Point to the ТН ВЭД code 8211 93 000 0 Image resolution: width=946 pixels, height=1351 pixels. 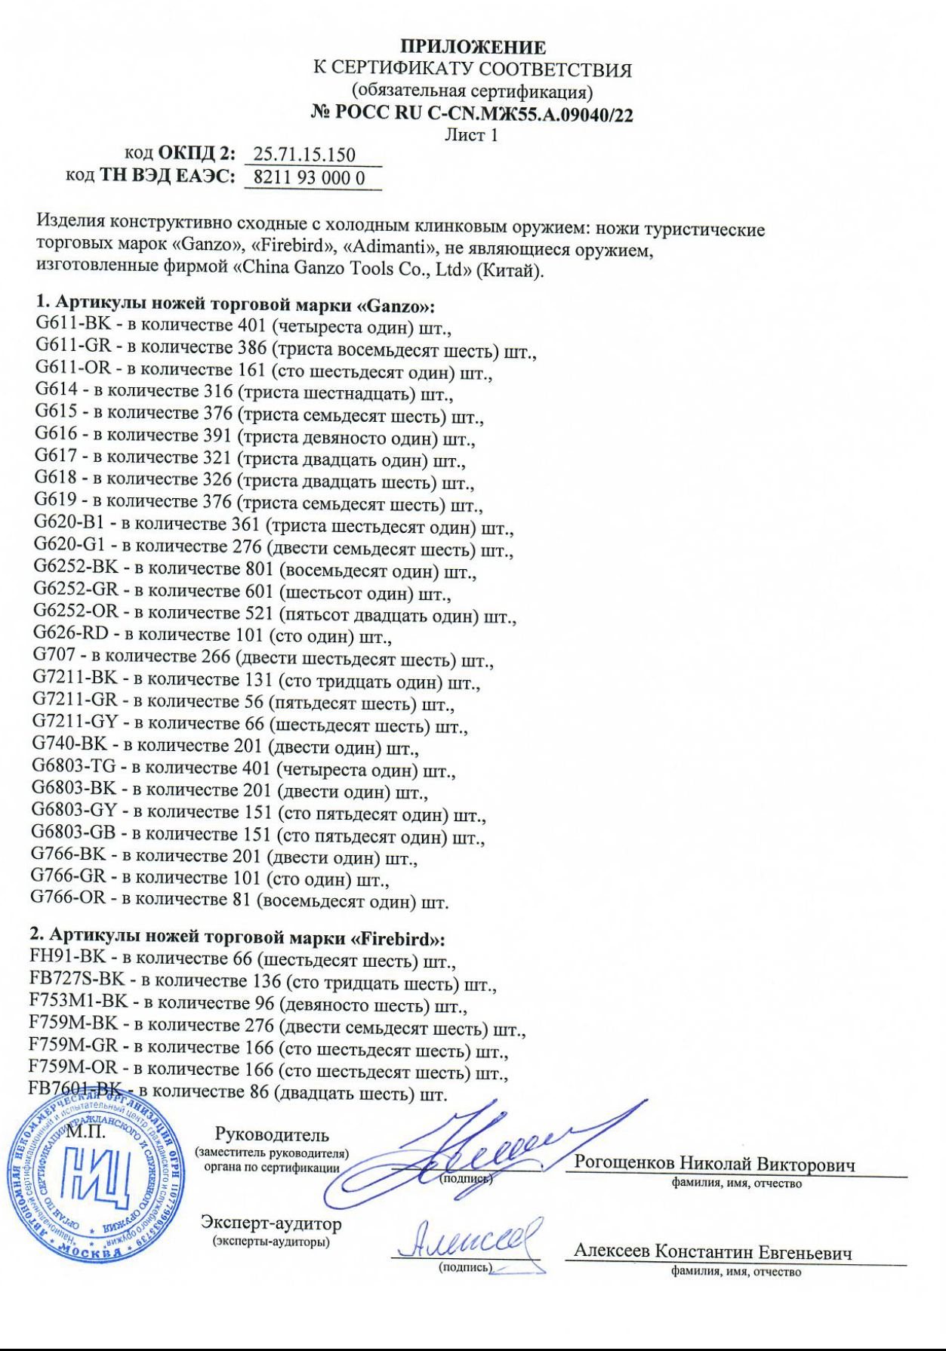(310, 178)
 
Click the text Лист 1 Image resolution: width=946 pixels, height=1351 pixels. (473, 136)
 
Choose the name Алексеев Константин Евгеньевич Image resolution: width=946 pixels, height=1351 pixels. (713, 1252)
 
